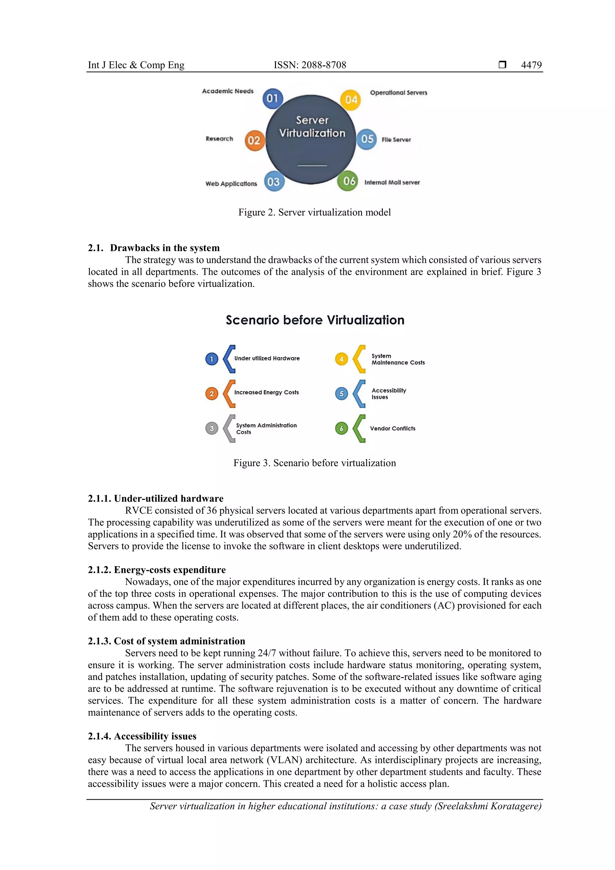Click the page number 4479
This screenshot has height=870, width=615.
[x=531, y=65]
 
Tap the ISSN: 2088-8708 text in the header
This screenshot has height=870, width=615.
[x=310, y=65]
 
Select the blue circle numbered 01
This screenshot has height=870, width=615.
[x=272, y=99]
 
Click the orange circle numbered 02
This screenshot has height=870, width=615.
[x=254, y=141]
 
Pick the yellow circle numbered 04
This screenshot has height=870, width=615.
[x=350, y=100]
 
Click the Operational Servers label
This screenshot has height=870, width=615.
[x=398, y=92]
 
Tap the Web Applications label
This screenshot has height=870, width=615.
[x=231, y=184]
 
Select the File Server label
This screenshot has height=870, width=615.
[x=396, y=140]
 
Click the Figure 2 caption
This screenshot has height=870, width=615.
[x=314, y=212]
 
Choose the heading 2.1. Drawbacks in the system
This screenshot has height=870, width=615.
[x=153, y=248]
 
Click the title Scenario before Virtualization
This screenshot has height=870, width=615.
[x=315, y=320]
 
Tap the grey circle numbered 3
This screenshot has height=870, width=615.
[x=212, y=429]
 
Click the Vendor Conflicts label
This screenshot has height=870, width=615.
[x=392, y=429]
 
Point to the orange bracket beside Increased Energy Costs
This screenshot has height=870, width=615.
[x=229, y=394]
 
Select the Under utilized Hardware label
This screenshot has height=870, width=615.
[x=267, y=359]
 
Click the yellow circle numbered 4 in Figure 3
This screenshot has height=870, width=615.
[x=341, y=359]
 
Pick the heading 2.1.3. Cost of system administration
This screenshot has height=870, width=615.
[x=166, y=641]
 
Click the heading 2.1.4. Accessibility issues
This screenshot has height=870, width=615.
[x=142, y=736]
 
